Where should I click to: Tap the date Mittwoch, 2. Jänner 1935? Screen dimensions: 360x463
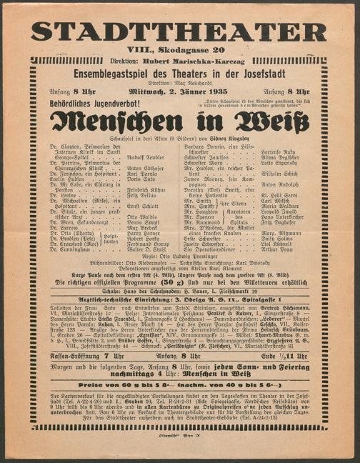click(179, 92)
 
